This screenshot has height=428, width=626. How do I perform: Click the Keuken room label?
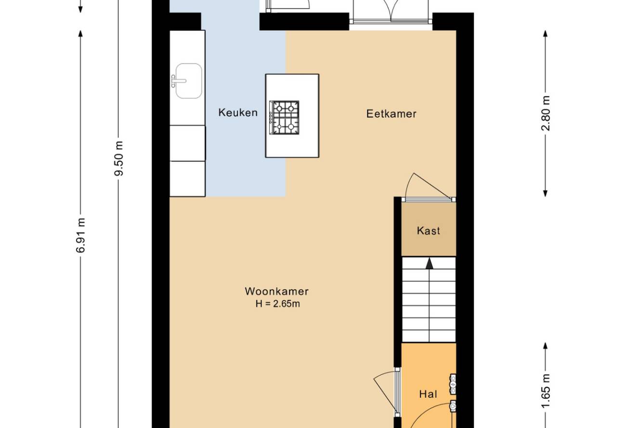pos(238,113)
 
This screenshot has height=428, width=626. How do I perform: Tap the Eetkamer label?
pos(391,114)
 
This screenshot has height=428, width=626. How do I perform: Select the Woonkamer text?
pos(277,291)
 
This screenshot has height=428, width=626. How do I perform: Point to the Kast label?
pos(429,231)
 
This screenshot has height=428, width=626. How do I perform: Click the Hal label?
pos(428,394)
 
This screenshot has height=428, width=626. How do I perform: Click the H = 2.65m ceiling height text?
pos(277,303)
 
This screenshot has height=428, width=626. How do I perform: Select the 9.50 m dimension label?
pos(119,159)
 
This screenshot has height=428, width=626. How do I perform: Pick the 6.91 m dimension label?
pos(80,235)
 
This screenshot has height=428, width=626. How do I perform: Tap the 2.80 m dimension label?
pos(545,113)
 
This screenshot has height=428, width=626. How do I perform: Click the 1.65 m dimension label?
pos(545,391)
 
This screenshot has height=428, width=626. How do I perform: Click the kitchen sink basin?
pos(189,81)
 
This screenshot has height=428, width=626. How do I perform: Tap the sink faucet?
pos(178,81)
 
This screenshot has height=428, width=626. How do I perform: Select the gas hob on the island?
pos(284,117)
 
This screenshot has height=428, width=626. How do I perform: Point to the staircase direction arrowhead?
pos(429,264)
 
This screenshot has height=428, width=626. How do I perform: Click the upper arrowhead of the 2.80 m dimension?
pos(545,34)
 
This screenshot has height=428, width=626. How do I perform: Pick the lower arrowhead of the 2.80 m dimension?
pos(545,194)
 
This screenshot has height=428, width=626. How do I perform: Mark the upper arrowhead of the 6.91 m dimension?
pos(80,34)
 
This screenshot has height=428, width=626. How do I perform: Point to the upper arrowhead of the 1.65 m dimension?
pos(545,346)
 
